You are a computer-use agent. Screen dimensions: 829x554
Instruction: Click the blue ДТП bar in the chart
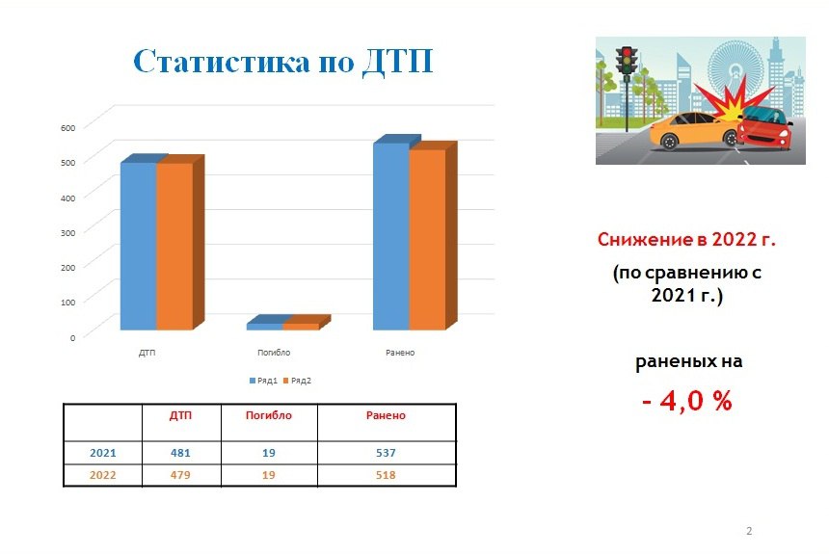pyautogui.click(x=139, y=246)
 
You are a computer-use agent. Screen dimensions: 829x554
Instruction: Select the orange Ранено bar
pyautogui.click(x=427, y=240)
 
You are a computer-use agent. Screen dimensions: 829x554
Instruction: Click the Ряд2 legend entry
pyautogui.click(x=298, y=381)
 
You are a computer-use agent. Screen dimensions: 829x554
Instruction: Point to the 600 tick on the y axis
pyautogui.click(x=68, y=128)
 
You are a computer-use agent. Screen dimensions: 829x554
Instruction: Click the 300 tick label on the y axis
pyautogui.click(x=68, y=232)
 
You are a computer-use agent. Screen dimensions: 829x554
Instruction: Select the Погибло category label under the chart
pyautogui.click(x=274, y=353)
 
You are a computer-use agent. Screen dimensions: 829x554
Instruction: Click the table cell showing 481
pyautogui.click(x=180, y=453)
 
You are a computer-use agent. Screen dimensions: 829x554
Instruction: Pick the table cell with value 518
pyautogui.click(x=386, y=475)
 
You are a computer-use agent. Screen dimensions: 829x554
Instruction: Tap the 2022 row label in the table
pyautogui.click(x=102, y=475)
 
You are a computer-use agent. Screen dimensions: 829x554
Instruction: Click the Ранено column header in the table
pyautogui.click(x=386, y=415)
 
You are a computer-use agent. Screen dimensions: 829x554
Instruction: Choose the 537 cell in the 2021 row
pyautogui.click(x=386, y=453)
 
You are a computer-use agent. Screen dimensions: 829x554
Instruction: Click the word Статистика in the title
pyautogui.click(x=222, y=62)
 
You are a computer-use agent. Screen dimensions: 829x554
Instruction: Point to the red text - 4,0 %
pyautogui.click(x=687, y=401)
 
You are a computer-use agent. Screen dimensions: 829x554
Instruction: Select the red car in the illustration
pyautogui.click(x=764, y=127)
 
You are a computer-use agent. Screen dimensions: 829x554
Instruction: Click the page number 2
pyautogui.click(x=749, y=531)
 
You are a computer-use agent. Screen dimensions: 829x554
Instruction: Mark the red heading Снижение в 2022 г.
pyautogui.click(x=686, y=240)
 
